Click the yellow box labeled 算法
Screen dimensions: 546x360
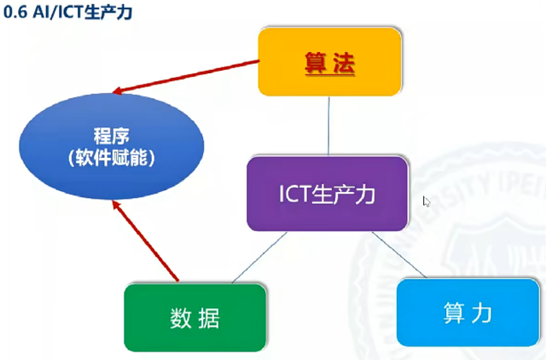[329, 61]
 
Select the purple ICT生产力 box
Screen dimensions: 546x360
[328, 194]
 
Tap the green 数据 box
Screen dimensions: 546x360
[195, 318]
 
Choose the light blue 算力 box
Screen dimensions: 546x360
[468, 312]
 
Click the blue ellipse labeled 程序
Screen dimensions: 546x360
[112, 146]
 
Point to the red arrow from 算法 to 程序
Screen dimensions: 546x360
[186, 77]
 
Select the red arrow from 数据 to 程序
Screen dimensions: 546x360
[146, 241]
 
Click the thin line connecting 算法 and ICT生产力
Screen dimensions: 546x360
[328, 126]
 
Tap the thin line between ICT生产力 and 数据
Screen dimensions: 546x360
[259, 258]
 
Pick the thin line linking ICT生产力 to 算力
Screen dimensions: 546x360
[399, 254]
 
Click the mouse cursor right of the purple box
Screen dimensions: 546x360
[427, 201]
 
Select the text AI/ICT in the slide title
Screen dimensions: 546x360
[58, 12]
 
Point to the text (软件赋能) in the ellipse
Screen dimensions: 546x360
[112, 158]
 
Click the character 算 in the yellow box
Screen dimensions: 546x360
[316, 63]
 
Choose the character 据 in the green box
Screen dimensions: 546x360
[209, 318]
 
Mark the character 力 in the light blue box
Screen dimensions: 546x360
[482, 312]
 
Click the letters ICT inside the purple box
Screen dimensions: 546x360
[294, 194]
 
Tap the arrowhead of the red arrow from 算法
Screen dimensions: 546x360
[118, 90]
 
